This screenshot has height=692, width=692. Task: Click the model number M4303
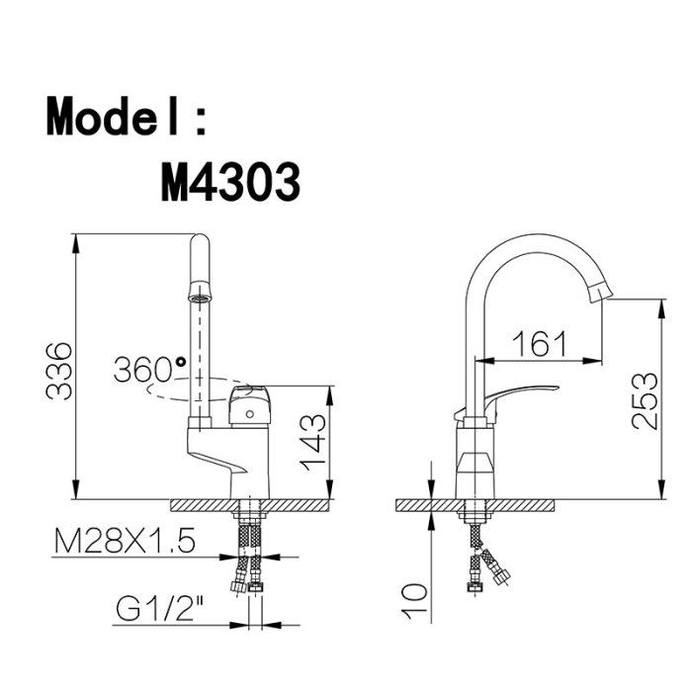click(x=230, y=181)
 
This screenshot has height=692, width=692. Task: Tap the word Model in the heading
click(x=112, y=116)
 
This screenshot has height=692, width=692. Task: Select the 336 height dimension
click(x=58, y=371)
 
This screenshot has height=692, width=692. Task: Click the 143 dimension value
click(x=313, y=443)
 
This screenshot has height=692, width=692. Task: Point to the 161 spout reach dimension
click(x=539, y=343)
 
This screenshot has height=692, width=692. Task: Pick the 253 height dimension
click(x=645, y=400)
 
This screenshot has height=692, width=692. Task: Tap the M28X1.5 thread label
click(x=125, y=541)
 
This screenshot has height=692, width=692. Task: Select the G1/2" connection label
click(x=160, y=609)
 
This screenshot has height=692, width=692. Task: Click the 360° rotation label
click(x=149, y=369)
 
